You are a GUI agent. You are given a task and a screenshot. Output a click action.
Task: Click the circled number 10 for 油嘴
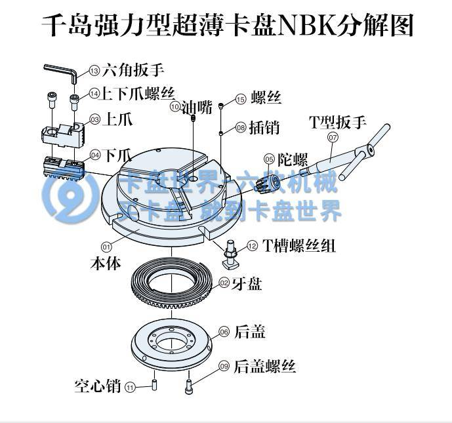[175, 106]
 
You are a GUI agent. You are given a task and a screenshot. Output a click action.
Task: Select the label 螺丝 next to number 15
[265, 99]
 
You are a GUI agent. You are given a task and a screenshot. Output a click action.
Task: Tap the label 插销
[265, 127]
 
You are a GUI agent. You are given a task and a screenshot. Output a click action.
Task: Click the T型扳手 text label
[337, 122]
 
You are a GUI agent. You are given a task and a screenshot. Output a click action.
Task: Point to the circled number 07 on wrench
[333, 138]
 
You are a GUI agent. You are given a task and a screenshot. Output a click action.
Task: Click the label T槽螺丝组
[300, 246]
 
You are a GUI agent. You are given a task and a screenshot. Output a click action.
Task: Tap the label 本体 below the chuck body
[105, 264]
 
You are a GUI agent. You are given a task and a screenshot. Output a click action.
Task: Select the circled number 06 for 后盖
[224, 332]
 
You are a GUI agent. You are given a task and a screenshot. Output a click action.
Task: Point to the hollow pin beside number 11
[154, 382]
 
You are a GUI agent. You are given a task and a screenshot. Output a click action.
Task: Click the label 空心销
[97, 386]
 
